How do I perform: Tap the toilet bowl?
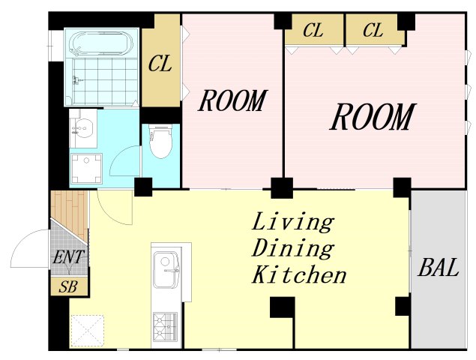pyautogui.click(x=160, y=142)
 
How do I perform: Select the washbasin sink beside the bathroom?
pyautogui.click(x=82, y=128)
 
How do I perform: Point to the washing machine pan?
pyautogui.click(x=86, y=169)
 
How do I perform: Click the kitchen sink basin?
pyautogui.click(x=166, y=270)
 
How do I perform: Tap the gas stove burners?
pyautogui.click(x=165, y=327)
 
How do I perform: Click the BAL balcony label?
pyautogui.click(x=438, y=267)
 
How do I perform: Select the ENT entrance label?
pyautogui.click(x=68, y=257)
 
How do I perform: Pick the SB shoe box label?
pyautogui.click(x=69, y=286)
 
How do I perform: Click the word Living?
pyautogui.click(x=293, y=223)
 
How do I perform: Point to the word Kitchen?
pyautogui.click(x=299, y=274)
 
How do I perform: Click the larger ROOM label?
pyautogui.click(x=372, y=117)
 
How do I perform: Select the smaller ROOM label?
pyautogui.click(x=232, y=100)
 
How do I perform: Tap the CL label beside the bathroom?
pyautogui.click(x=160, y=64)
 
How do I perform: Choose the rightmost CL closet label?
pyautogui.click(x=373, y=31)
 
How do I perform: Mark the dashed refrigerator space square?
pyautogui.click(x=88, y=331)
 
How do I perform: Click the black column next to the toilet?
pyautogui.click(x=143, y=187)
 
